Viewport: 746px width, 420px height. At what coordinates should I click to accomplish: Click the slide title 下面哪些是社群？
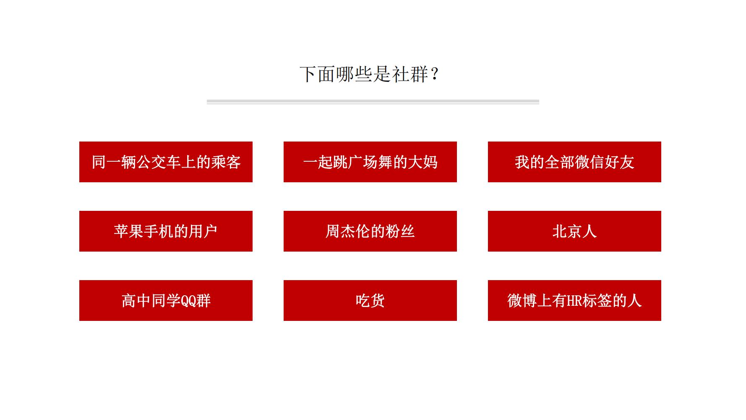pos(369,74)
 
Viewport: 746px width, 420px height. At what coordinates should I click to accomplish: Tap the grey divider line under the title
pos(373,102)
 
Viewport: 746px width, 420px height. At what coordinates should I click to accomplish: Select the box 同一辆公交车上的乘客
pos(166,162)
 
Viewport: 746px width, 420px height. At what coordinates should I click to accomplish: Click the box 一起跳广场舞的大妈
pos(370,162)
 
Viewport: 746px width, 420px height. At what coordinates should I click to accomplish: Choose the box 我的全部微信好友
pos(574,162)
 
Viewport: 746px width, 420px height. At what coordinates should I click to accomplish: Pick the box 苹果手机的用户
pos(166,231)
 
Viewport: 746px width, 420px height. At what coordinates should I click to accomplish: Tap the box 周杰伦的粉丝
pos(370,231)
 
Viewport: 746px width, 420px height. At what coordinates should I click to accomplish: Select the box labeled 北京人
pos(574,231)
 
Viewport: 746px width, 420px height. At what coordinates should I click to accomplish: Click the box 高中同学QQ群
pos(166,300)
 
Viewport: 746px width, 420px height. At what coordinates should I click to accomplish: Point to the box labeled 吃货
pos(370,300)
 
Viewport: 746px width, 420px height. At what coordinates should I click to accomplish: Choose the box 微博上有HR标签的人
pos(574,300)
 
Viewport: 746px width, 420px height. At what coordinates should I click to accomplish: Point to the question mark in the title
pos(435,74)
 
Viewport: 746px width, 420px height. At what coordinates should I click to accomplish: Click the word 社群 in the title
pos(410,74)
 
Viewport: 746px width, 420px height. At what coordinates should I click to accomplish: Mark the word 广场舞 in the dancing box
pos(363,162)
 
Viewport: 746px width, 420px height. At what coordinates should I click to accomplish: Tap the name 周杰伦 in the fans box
pos(348,231)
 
